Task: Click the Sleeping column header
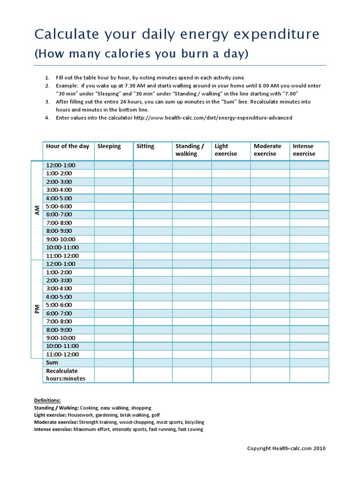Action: [109, 146]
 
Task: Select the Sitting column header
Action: [145, 146]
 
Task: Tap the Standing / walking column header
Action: [190, 150]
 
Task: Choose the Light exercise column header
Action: [226, 150]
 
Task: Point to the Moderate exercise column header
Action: [267, 150]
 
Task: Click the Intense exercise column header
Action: [304, 150]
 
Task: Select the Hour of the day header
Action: [67, 146]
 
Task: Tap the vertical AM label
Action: [37, 210]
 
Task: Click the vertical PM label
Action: [37, 309]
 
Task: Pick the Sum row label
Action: [52, 363]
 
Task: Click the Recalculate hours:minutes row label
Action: [65, 375]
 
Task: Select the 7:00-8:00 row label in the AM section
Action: [59, 223]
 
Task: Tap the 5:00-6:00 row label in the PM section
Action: [59, 305]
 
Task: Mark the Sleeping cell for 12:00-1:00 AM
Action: [113, 165]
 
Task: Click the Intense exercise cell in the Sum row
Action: [309, 363]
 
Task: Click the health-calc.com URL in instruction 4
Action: [213, 118]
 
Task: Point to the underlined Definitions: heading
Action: [47, 400]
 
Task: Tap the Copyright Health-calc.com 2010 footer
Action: [286, 449]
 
